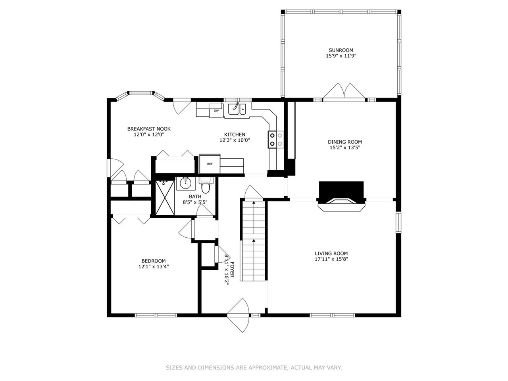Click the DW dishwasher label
click(x=216, y=111)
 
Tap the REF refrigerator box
click(x=210, y=164)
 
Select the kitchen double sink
click(x=237, y=109)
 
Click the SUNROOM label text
click(x=341, y=50)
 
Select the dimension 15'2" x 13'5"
click(x=344, y=148)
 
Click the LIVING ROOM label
click(x=331, y=253)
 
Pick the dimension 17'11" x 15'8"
click(x=331, y=259)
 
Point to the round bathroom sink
click(x=185, y=183)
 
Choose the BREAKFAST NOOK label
click(x=149, y=129)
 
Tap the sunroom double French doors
click(x=344, y=91)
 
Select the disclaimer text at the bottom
click(x=254, y=368)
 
